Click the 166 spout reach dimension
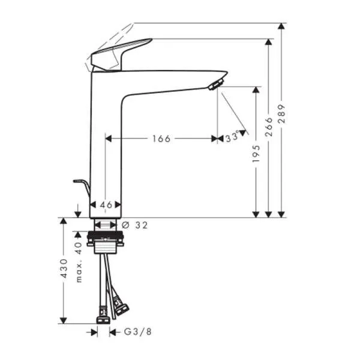coord(161,139)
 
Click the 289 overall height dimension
coord(282,115)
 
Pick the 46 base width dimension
coord(106,205)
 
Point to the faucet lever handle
coord(120,54)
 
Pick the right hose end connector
coord(121,310)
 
